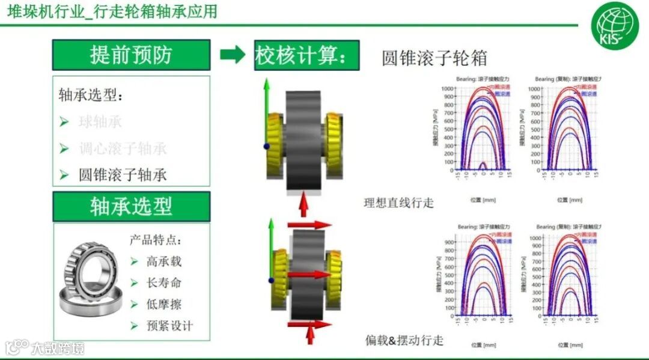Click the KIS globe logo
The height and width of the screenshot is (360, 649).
pos(614,26)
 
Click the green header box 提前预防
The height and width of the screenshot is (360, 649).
pos(131,55)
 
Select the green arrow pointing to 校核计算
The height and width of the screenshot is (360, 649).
pos(233,55)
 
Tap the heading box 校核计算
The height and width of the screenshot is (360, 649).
pos(306,56)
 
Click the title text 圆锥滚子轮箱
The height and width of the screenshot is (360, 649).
pos(434,58)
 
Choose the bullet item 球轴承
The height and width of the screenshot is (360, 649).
pos(100,121)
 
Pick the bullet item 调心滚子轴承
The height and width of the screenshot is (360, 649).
pos(123,148)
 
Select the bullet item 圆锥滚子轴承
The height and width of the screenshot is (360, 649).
pos(123,175)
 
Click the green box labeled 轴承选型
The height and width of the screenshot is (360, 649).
pos(131,207)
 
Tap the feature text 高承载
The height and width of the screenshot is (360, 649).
pos(163,261)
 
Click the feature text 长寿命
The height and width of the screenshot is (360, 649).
pos(163,283)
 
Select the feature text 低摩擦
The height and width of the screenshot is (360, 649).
pos(163,305)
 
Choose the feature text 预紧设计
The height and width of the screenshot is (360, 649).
pos(169,326)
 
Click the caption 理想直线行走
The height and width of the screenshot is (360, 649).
pos(398,203)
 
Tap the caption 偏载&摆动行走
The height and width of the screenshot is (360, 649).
pos(404,340)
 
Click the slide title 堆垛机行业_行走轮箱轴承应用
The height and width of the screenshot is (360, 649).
pos(112,11)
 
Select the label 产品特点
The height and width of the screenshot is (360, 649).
pos(155,240)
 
